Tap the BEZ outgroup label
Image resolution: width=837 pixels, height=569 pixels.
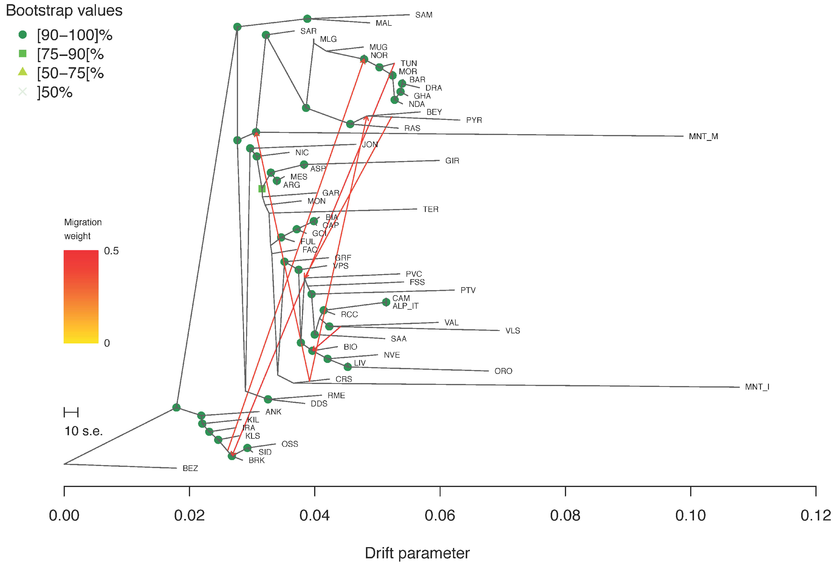[190, 468]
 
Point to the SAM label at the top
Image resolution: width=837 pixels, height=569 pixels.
[424, 15]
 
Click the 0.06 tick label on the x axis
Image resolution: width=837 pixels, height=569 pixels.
[440, 515]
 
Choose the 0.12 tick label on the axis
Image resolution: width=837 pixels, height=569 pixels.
[815, 515]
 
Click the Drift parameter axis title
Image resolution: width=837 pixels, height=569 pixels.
[417, 553]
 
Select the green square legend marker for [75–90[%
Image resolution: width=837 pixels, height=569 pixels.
[23, 54]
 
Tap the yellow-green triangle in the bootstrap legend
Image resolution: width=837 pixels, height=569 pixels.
[23, 72]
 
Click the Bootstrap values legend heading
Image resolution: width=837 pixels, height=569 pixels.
[64, 10]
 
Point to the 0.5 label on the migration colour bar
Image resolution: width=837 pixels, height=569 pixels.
[111, 251]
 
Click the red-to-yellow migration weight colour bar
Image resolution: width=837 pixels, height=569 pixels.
[81, 296]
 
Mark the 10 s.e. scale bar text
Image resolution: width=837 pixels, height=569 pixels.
[83, 431]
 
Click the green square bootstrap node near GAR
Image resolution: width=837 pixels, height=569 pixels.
[262, 189]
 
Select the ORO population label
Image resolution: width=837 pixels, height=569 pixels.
[503, 371]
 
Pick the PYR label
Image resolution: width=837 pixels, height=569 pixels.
[474, 120]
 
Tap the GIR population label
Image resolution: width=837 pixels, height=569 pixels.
[452, 161]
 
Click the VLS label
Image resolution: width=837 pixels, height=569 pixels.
[513, 331]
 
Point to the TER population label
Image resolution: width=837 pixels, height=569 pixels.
[430, 209]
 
